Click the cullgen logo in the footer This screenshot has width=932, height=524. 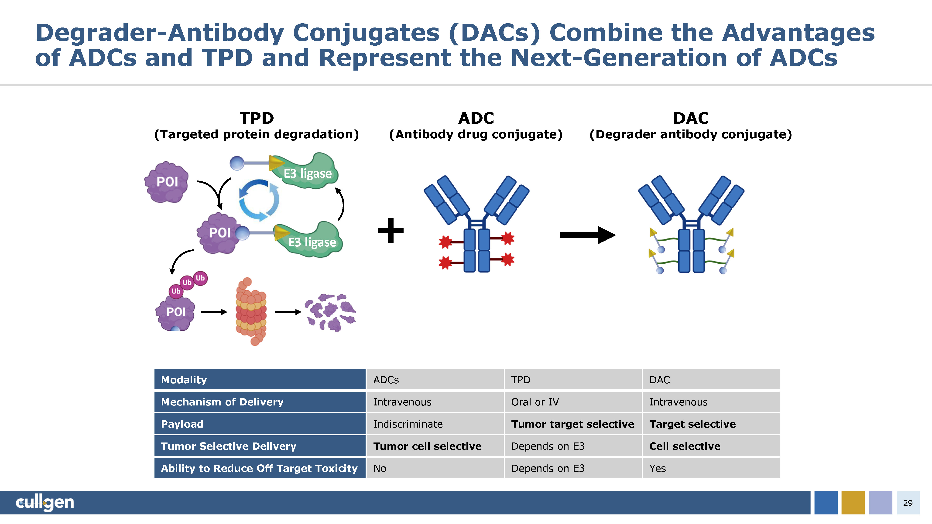click(x=45, y=502)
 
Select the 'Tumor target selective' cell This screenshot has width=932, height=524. click(x=572, y=424)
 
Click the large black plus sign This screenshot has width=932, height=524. click(x=390, y=230)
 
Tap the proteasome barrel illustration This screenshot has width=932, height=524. click(x=251, y=312)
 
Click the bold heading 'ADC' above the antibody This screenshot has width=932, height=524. click(x=476, y=118)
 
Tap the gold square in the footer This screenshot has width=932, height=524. click(x=853, y=503)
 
